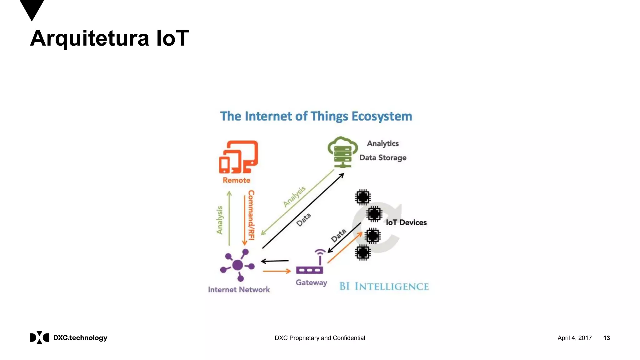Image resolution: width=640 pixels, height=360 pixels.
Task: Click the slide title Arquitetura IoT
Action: click(x=109, y=38)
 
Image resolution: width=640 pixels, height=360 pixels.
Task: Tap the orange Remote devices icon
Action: click(x=238, y=157)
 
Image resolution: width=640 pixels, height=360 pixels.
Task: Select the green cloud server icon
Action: click(x=342, y=152)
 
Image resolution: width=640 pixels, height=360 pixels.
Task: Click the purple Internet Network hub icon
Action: click(x=238, y=265)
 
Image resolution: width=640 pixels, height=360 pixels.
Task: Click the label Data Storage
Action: click(x=383, y=158)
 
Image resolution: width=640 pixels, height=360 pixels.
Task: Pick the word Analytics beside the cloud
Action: click(x=383, y=143)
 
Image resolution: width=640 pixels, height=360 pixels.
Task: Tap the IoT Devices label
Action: click(x=406, y=222)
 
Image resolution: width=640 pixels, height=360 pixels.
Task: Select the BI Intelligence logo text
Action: click(x=384, y=286)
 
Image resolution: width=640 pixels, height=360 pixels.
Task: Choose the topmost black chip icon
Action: click(x=363, y=197)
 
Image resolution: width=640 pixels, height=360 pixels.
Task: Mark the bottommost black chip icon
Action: click(x=363, y=252)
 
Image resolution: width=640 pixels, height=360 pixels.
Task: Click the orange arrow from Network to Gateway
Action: click(x=277, y=271)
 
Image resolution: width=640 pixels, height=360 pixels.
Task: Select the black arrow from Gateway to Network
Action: click(x=275, y=261)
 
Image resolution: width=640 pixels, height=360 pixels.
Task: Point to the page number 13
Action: click(x=606, y=338)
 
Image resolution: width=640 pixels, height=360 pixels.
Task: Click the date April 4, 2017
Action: click(x=574, y=338)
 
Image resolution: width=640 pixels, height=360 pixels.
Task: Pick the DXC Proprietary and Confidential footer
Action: click(x=320, y=338)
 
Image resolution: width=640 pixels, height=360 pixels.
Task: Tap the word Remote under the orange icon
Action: click(x=236, y=180)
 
